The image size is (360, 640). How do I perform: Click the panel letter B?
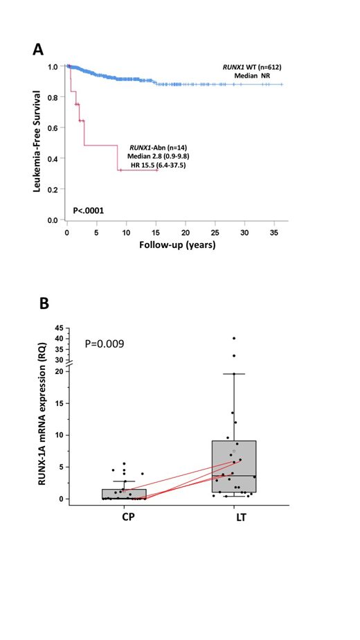pyautogui.click(x=43, y=303)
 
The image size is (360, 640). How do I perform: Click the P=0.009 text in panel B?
pyautogui.click(x=107, y=342)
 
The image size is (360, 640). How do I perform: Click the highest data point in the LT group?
pyautogui.click(x=234, y=338)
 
